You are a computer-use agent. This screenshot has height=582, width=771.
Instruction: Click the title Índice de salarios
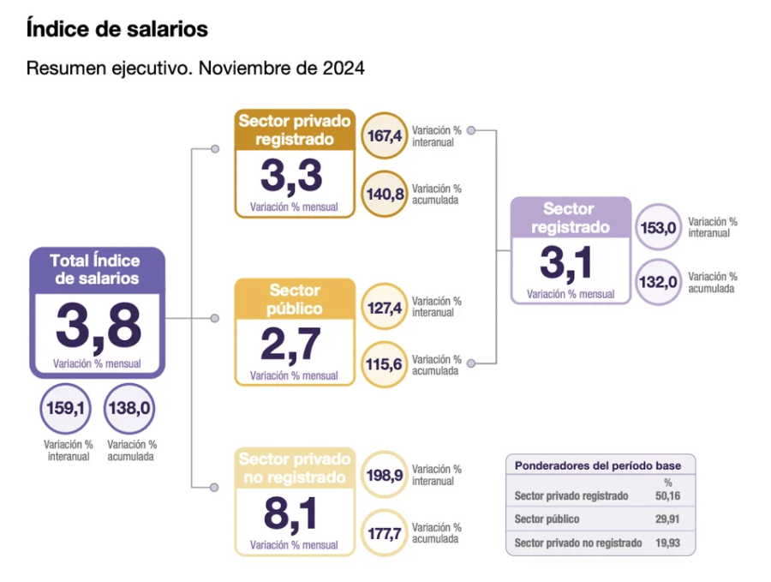click(x=117, y=29)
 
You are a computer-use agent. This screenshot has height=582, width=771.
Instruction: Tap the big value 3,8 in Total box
click(x=97, y=327)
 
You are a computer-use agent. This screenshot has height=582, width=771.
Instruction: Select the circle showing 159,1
click(x=65, y=409)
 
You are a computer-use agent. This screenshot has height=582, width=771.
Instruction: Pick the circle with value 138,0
click(x=129, y=409)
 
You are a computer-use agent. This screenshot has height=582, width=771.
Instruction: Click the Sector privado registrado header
click(x=294, y=129)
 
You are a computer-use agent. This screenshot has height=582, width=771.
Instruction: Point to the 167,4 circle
click(x=385, y=135)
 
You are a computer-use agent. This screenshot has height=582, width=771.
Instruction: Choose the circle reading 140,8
click(x=385, y=194)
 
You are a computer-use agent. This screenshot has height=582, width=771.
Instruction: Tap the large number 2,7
click(x=293, y=344)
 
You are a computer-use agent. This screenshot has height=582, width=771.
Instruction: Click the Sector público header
click(x=295, y=299)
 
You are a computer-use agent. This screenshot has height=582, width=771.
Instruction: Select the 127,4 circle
click(x=385, y=306)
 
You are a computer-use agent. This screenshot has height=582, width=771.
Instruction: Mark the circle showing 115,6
click(x=385, y=364)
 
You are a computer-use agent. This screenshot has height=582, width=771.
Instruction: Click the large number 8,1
click(x=293, y=514)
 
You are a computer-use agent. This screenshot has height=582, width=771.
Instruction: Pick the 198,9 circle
click(x=385, y=474)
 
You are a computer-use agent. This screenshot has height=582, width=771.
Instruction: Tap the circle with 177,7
click(x=385, y=533)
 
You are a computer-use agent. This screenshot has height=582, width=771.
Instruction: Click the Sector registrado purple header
click(x=570, y=218)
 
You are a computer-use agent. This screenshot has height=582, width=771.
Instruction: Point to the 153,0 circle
click(x=660, y=227)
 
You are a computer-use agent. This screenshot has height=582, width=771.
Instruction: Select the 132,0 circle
click(x=660, y=282)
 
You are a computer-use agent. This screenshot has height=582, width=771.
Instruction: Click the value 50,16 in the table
click(x=668, y=495)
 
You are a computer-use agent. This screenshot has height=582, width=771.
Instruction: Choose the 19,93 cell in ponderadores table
click(x=668, y=543)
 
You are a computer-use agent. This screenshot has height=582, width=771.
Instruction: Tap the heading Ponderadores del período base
click(x=598, y=465)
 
